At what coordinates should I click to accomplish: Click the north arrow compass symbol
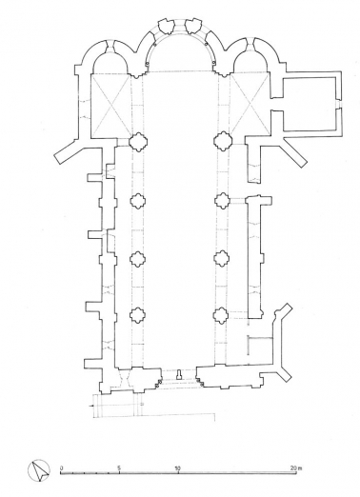[x=39, y=469]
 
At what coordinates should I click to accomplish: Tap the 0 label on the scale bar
[x=61, y=467]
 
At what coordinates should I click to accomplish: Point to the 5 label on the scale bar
[x=119, y=467]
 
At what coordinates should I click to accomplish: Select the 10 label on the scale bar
[x=178, y=467]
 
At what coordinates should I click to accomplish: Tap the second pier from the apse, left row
[x=136, y=201]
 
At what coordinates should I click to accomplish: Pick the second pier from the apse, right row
[x=222, y=201]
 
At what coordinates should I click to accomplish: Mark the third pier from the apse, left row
[x=136, y=258]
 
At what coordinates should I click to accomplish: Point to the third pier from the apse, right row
[x=222, y=258]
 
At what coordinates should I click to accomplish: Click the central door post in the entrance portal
[x=178, y=373]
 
